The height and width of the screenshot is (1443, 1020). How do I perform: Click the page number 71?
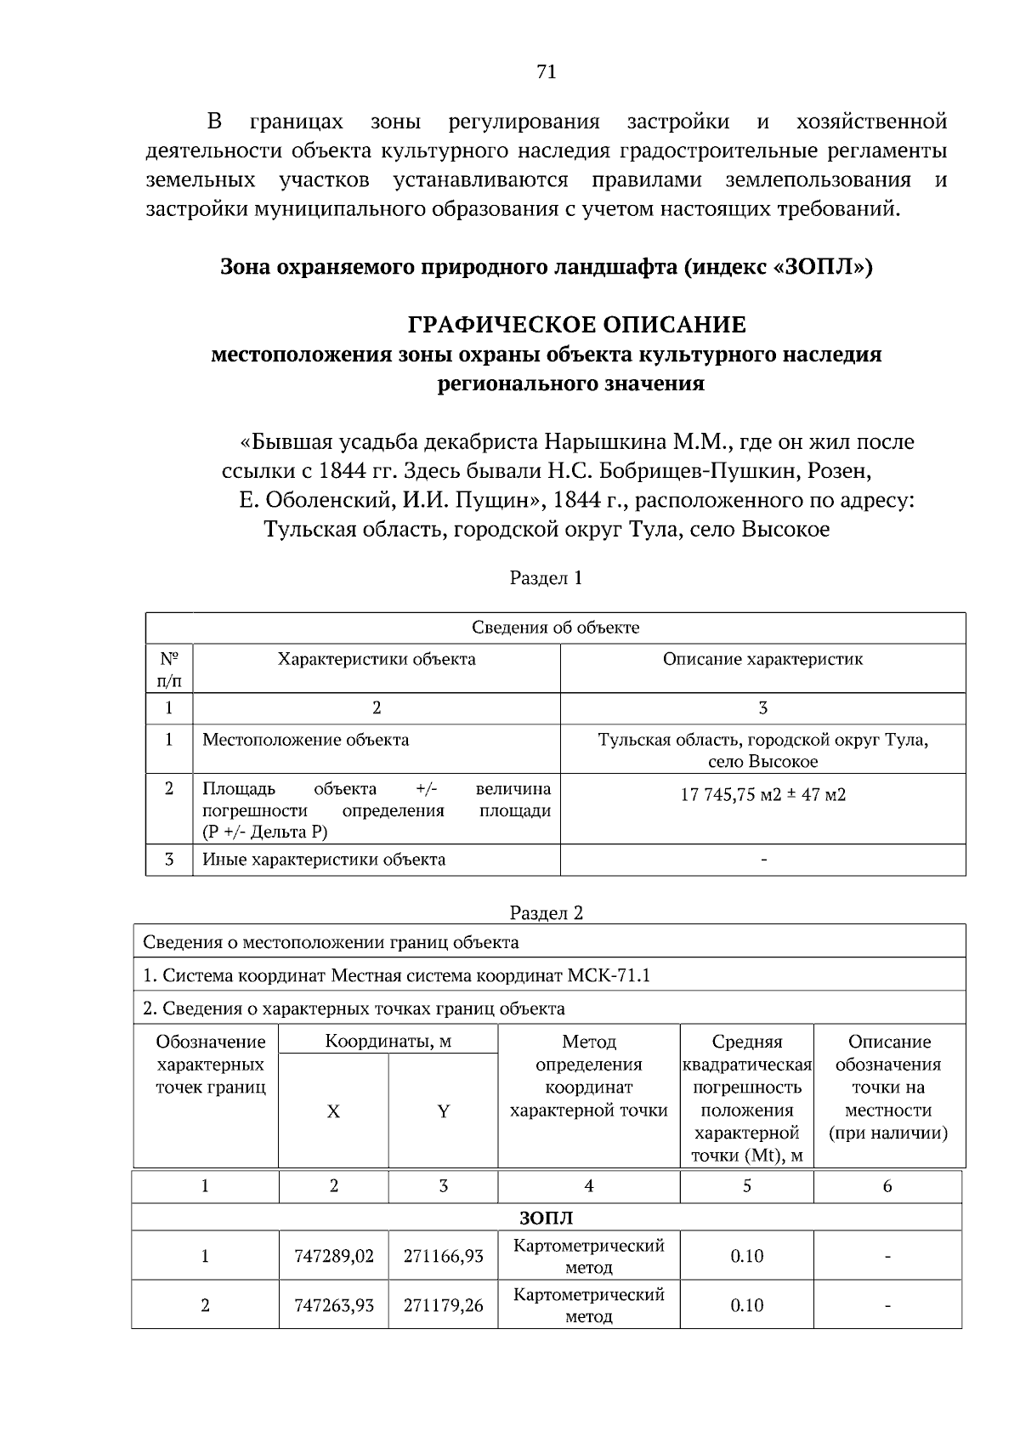(x=547, y=73)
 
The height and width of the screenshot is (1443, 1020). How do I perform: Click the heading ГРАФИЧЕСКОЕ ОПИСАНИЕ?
(x=577, y=325)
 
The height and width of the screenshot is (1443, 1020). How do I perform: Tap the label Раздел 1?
(x=546, y=578)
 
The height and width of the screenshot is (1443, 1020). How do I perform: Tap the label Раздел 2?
(x=546, y=913)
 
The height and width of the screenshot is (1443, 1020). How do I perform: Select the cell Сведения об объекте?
(x=555, y=628)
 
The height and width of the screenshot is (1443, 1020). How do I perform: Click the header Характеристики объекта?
(x=377, y=659)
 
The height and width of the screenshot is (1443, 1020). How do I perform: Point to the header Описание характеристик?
(x=762, y=659)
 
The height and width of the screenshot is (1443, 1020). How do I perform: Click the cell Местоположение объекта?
(x=305, y=740)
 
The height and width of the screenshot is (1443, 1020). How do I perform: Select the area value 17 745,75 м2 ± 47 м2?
(x=762, y=796)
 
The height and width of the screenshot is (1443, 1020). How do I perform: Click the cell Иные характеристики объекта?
(x=324, y=860)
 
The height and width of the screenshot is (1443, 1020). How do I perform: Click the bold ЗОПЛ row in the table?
(x=546, y=1219)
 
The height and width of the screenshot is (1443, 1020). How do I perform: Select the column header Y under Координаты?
(x=443, y=1111)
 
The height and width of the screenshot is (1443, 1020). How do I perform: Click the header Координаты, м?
(x=388, y=1042)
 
